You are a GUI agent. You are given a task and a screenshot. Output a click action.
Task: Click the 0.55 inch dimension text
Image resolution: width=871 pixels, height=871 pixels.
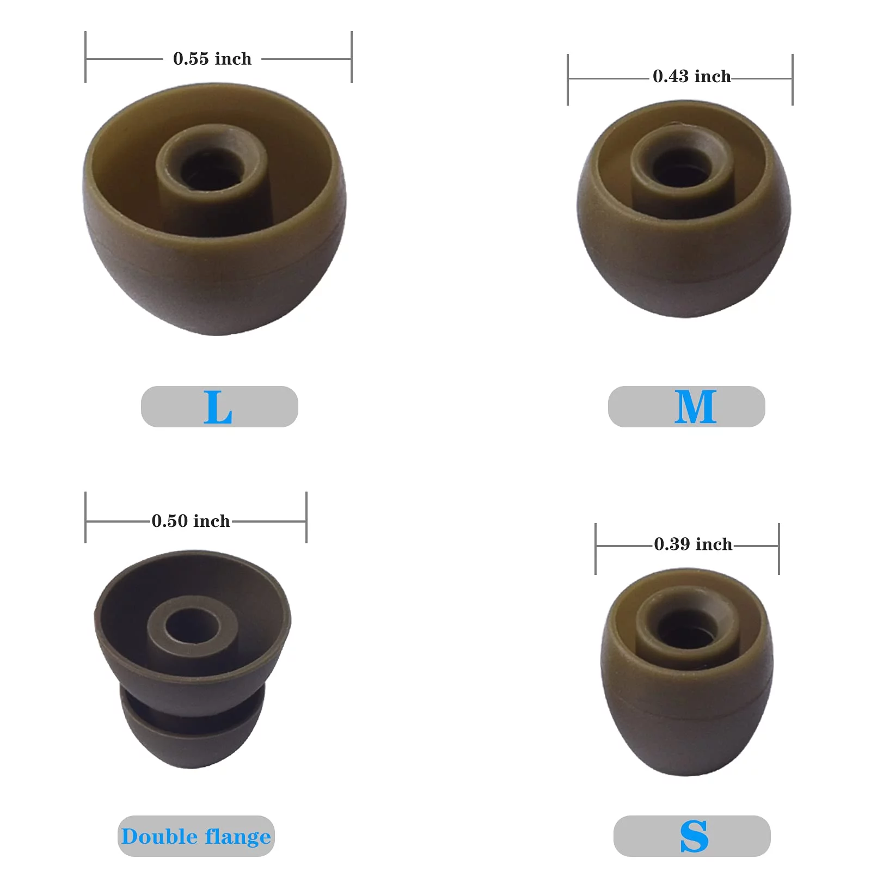212,59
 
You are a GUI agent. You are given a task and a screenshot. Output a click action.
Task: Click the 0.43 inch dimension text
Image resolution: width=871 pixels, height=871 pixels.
692,76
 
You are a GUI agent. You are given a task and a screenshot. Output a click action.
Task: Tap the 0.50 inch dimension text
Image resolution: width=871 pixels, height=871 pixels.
191,521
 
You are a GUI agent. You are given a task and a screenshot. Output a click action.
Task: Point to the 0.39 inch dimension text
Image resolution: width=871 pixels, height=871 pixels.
693,544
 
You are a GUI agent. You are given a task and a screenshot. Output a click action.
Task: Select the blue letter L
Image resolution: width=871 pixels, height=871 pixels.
218,407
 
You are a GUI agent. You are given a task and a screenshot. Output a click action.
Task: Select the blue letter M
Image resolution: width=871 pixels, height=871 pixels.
695,407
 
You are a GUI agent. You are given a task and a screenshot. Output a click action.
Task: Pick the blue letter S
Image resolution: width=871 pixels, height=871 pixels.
694,836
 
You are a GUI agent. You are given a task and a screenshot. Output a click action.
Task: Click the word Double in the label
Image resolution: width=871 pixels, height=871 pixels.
159,836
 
